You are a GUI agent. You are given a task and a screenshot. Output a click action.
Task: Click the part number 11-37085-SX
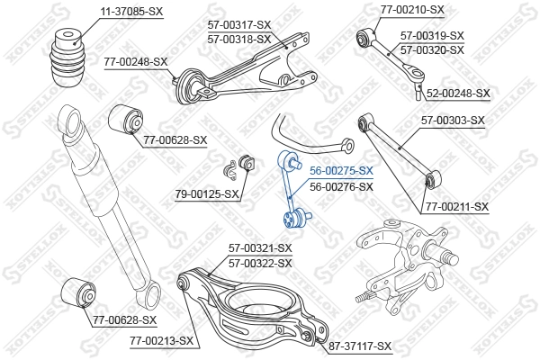pos(105,11)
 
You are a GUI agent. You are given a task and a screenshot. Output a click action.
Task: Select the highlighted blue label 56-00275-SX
pos(341,171)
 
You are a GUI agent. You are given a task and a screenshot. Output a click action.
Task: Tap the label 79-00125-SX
pos(207,193)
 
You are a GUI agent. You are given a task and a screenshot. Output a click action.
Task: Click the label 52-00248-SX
pos(458,93)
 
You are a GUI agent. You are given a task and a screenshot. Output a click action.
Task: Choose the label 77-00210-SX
pos(412,10)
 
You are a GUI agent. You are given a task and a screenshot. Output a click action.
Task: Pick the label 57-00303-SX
pos(453,120)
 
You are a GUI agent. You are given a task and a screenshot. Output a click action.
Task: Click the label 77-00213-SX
pos(162,341)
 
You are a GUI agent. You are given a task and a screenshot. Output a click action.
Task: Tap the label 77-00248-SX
pos(136,61)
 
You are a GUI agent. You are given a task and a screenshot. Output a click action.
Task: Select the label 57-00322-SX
pos(260,263)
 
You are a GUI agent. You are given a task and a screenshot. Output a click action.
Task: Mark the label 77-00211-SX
pos(456,207)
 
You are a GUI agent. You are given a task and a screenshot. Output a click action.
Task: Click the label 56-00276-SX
pos(341,186)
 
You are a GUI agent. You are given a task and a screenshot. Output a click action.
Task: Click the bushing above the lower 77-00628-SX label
pos(77,293)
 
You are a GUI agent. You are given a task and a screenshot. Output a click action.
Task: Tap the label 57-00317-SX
pos(238,25)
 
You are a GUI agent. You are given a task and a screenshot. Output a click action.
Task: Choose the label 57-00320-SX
pos(431,49)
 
